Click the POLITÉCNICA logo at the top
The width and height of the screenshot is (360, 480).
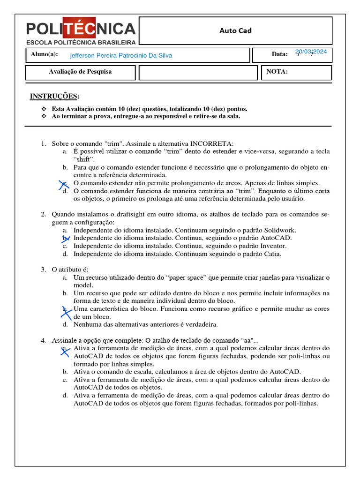[x=80, y=29]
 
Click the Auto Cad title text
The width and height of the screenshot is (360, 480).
[x=235, y=31]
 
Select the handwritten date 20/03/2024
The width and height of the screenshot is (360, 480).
[x=311, y=52]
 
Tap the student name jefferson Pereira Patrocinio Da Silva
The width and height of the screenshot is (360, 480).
[x=121, y=55]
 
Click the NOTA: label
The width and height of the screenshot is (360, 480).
[x=277, y=72]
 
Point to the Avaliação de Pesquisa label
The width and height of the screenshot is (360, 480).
[x=80, y=72]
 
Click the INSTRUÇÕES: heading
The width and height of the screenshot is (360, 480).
[x=54, y=96]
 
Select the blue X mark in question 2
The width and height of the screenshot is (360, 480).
[x=66, y=239]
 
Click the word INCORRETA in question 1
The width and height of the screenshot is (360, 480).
[x=211, y=143]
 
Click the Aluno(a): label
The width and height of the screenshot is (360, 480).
[x=44, y=54]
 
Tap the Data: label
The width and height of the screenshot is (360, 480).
[x=279, y=54]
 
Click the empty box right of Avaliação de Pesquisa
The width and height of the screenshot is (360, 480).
[x=198, y=73]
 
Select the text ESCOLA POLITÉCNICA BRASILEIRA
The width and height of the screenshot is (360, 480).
[x=80, y=42]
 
